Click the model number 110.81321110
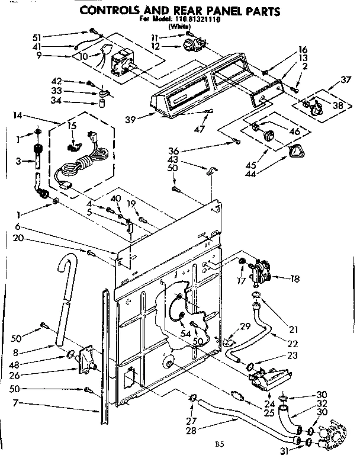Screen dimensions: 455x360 (194, 19)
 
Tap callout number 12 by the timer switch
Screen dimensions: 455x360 (172, 46)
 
